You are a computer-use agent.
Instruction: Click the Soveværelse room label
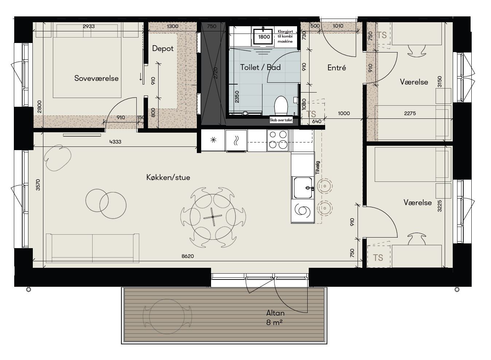tap(96, 78)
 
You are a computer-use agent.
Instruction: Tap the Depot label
tap(163, 48)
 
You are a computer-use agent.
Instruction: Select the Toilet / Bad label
tap(260, 67)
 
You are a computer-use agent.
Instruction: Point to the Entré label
tap(336, 68)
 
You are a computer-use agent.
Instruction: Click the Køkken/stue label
tap(168, 177)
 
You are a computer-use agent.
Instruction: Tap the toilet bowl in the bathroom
tap(281, 106)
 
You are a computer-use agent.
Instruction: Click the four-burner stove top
tap(277, 140)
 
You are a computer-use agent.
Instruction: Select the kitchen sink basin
tap(303, 188)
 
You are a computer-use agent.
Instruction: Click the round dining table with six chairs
tap(213, 217)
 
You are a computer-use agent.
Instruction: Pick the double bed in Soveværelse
tap(87, 61)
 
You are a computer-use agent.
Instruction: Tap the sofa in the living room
tap(93, 248)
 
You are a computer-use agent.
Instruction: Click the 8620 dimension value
tap(188, 256)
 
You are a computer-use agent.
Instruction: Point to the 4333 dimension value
tap(115, 142)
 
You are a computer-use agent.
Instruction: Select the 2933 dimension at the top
tap(89, 26)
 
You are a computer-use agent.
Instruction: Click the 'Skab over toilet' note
tap(281, 120)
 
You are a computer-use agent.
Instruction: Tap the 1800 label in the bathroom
tap(264, 37)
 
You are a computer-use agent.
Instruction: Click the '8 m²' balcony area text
tap(274, 322)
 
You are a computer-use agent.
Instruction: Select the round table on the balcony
tap(167, 316)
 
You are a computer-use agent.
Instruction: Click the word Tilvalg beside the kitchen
tap(318, 168)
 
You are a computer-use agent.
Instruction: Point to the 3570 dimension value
tap(38, 185)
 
